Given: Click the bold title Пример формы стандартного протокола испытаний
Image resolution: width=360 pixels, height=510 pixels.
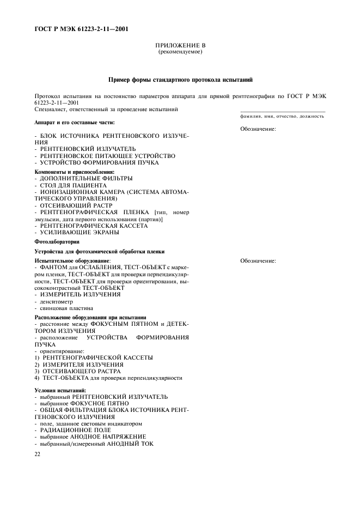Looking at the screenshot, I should tap(180, 80).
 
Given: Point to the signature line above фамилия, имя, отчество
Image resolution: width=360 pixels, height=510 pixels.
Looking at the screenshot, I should tap(282, 112).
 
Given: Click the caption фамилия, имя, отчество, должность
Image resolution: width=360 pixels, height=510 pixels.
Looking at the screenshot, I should tap(282, 116).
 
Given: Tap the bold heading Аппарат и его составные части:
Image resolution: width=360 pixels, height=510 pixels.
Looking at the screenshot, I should tap(75, 122).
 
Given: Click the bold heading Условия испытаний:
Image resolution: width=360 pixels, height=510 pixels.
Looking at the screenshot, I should tap(60, 390).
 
